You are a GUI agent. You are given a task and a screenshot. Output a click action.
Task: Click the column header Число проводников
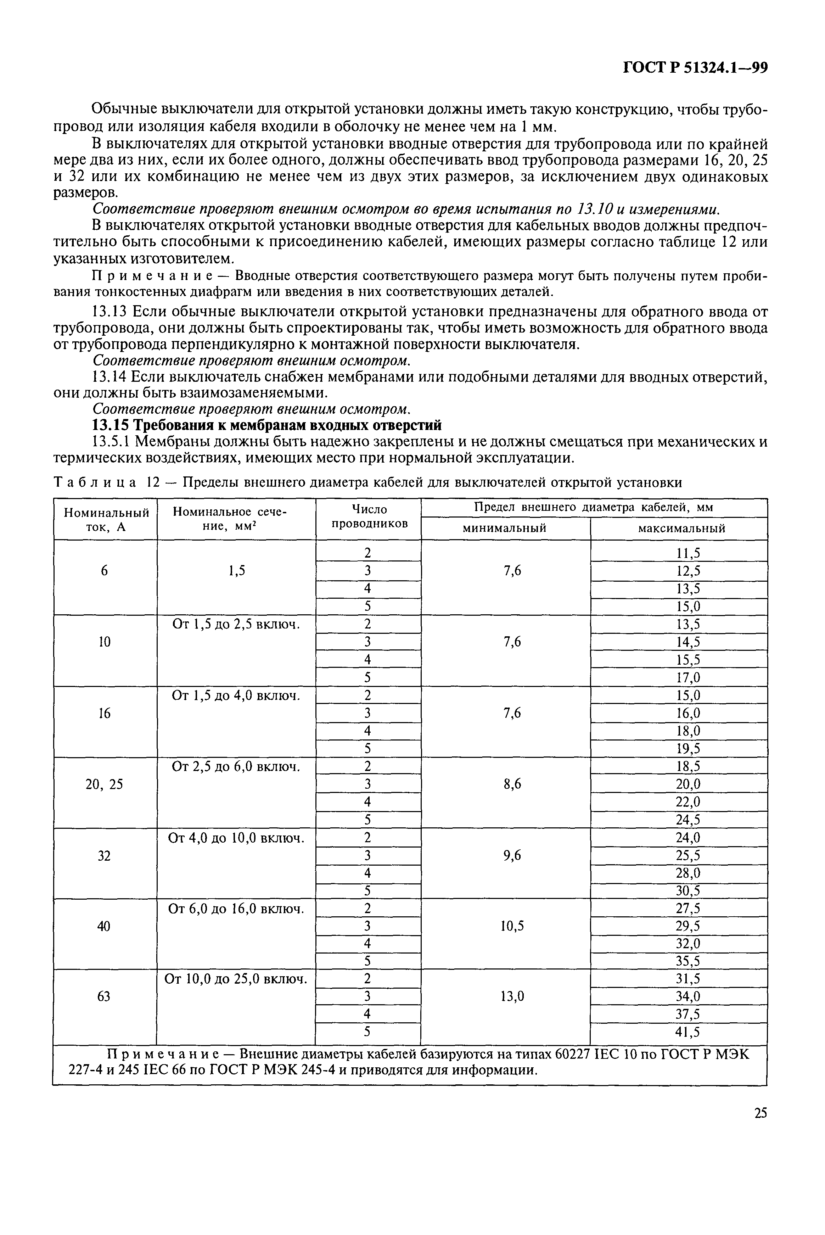(368, 516)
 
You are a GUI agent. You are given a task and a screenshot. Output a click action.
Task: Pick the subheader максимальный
(681, 528)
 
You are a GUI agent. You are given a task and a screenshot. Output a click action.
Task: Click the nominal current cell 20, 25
(104, 784)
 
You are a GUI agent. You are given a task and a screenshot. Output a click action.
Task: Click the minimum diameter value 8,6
(512, 784)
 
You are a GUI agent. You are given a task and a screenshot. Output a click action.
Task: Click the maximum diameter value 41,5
(687, 1032)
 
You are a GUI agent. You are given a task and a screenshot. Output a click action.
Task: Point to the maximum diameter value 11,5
(687, 553)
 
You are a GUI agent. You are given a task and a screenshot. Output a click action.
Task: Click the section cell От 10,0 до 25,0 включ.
(236, 979)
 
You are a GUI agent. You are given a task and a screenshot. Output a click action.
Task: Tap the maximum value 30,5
(687, 891)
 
